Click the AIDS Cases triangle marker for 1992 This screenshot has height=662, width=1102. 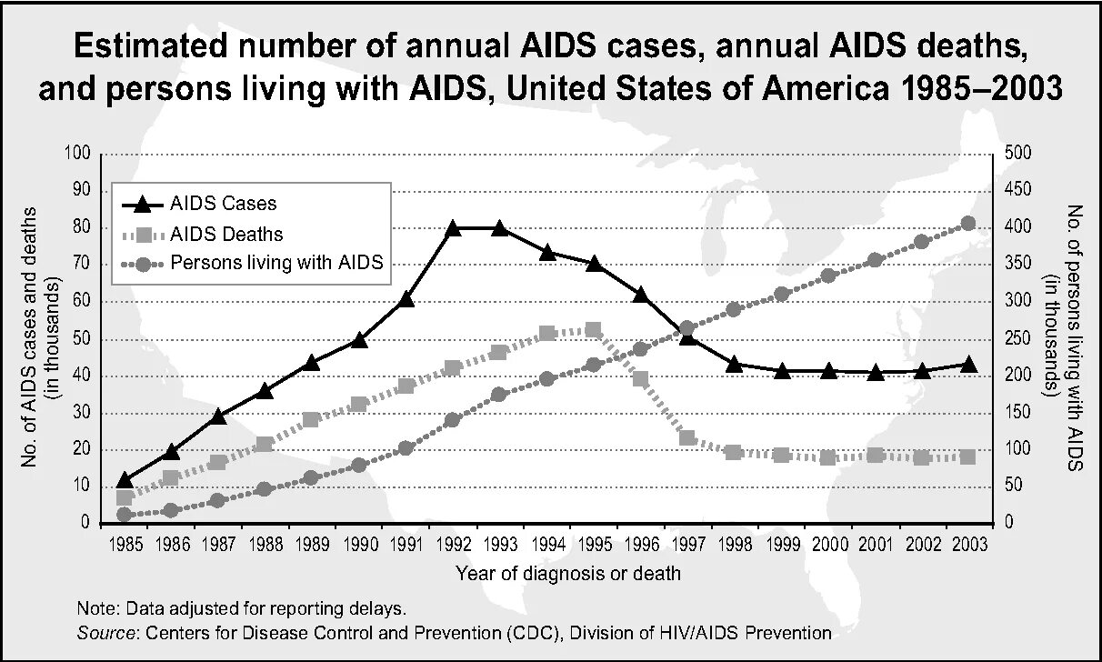(453, 228)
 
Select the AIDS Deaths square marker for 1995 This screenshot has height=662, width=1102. (593, 330)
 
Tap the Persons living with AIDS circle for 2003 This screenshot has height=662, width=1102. (967, 224)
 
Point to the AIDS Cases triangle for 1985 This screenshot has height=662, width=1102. (125, 480)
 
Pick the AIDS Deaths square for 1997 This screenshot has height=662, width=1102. (687, 439)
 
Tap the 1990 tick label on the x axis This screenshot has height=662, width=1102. (360, 544)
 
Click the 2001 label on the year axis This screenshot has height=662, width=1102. (876, 544)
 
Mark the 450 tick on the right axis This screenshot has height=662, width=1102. (1019, 190)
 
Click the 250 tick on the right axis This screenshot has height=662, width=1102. (1019, 339)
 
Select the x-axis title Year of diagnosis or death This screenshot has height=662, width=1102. (568, 574)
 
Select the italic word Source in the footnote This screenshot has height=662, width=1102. (105, 632)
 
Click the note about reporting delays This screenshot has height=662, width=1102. (241, 607)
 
